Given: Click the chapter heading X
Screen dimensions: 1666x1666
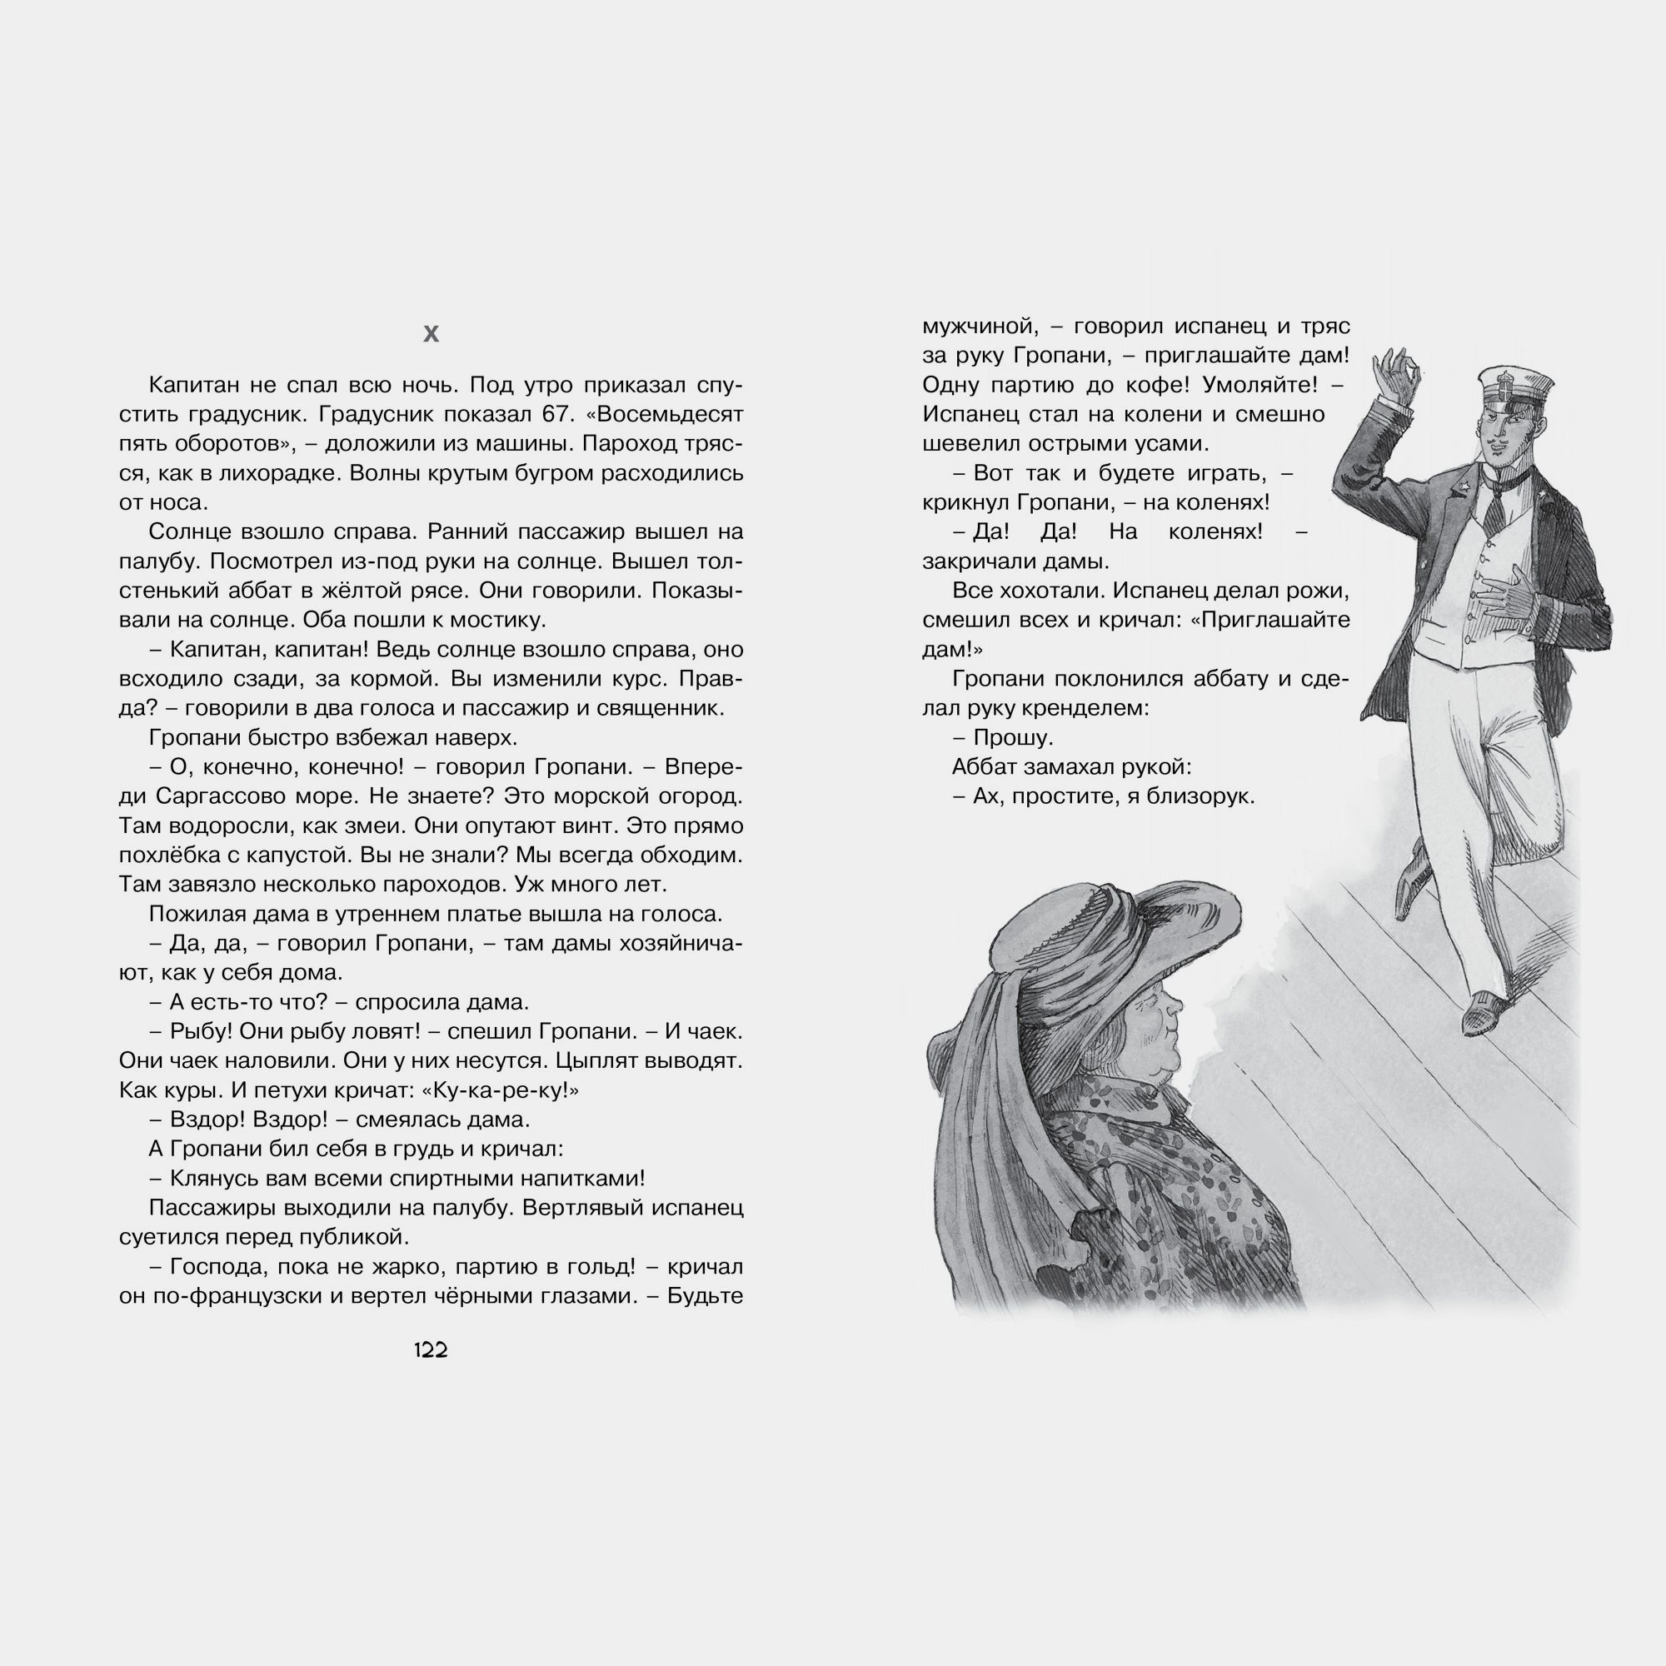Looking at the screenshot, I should point(431,334).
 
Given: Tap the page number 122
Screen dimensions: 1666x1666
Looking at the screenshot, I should point(431,1350).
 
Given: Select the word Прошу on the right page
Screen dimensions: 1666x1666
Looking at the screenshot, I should point(1012,737).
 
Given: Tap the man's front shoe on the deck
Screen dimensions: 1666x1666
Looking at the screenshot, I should point(1486,1010).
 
